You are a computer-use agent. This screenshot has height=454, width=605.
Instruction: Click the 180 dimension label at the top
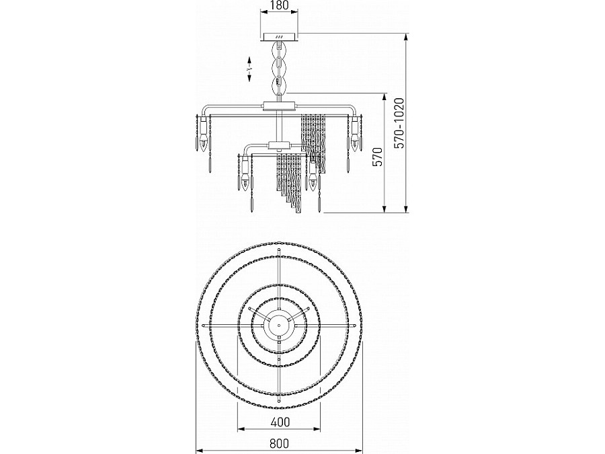point(280,5)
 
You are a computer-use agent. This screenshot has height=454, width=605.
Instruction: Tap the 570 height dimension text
point(378,157)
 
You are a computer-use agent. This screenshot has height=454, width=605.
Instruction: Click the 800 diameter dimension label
point(279,444)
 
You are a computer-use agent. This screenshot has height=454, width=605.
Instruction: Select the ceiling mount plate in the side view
point(280,37)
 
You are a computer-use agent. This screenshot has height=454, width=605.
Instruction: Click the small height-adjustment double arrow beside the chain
point(249,69)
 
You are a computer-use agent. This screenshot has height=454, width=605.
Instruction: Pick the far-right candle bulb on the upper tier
point(355,142)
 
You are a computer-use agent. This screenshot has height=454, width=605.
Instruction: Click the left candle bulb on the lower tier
point(244,182)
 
